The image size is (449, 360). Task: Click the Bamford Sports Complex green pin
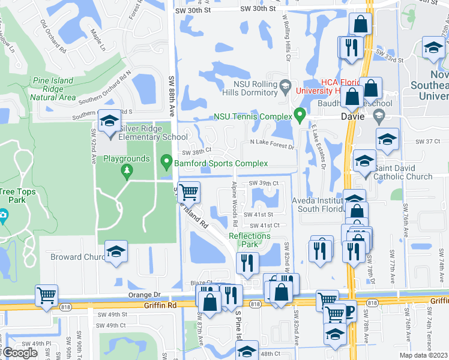[x=166, y=162]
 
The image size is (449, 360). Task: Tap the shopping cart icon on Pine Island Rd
[x=188, y=192]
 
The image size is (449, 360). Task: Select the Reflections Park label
[x=250, y=240]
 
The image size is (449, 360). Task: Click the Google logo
[x=20, y=353]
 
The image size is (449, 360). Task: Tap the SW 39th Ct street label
[x=264, y=184]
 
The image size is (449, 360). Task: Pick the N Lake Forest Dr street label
[x=273, y=146]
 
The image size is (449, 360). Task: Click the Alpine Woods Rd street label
[x=235, y=199]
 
